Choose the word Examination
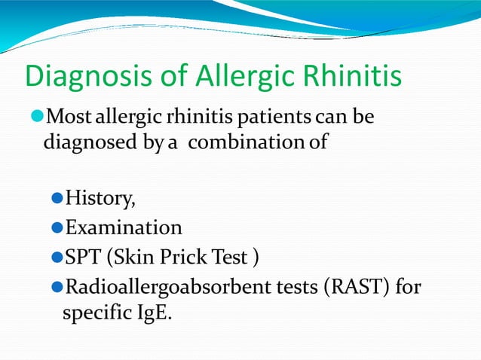point(124,228)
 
